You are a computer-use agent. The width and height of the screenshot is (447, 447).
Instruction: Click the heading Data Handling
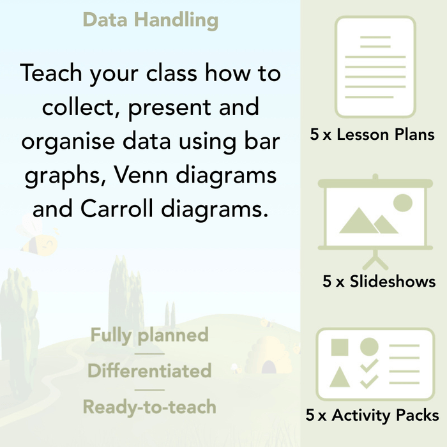point(150,20)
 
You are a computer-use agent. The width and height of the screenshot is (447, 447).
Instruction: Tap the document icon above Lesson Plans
point(375,66)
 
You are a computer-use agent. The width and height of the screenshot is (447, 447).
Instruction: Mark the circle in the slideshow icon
point(402,203)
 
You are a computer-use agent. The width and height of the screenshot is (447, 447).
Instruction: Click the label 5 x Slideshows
point(379,282)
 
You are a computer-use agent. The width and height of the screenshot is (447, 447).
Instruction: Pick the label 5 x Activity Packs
point(372,416)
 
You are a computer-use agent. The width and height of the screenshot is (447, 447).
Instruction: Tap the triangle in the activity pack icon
point(340,376)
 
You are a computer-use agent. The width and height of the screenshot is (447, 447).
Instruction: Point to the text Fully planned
point(149,335)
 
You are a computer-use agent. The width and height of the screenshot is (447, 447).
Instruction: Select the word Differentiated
point(149,371)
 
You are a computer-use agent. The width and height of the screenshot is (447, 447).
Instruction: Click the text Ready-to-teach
point(149,407)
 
